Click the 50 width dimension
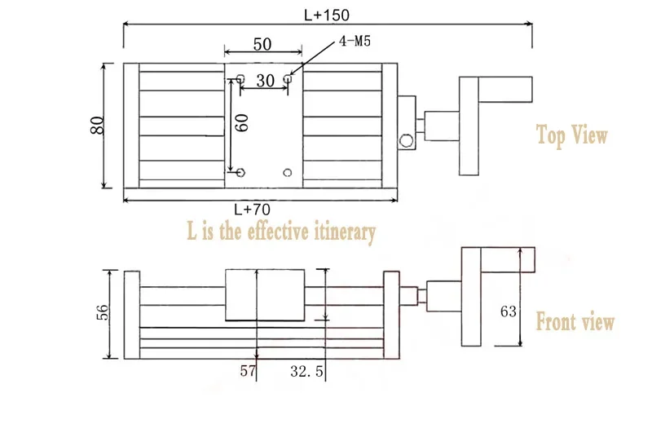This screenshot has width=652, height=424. [262, 44]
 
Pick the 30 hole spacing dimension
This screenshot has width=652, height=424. [265, 80]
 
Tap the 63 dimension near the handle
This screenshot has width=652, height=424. [509, 311]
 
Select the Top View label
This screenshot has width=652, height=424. [571, 135]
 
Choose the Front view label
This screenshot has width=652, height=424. [575, 322]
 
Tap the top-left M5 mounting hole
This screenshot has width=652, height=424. [240, 79]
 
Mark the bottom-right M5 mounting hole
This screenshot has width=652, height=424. [287, 173]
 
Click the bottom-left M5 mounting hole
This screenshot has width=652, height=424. [240, 173]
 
